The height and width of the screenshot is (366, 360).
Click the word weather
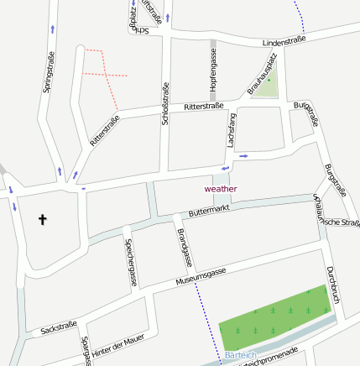[x=221, y=189]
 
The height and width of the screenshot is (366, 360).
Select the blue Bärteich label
[x=241, y=355]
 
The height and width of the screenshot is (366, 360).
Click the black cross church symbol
[x=43, y=220]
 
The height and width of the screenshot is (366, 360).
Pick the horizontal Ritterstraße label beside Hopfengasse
[x=204, y=107]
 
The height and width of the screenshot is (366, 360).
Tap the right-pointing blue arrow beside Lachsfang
[x=243, y=155]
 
